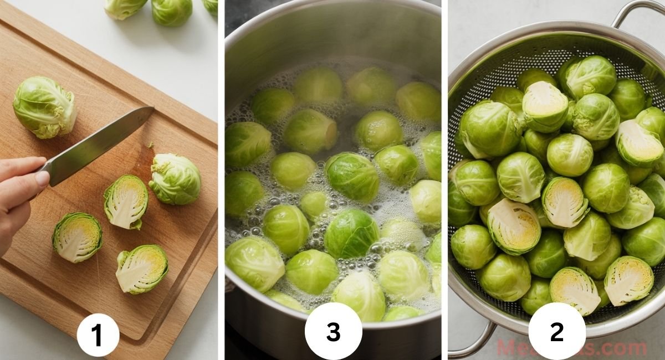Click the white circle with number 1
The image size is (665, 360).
[x=98, y=335]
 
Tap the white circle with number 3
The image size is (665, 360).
[x=333, y=331]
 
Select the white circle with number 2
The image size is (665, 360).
[x=556, y=331]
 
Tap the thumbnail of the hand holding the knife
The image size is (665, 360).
[x=42, y=178]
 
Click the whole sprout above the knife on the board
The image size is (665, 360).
[x=44, y=107]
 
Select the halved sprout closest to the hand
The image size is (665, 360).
[x=77, y=237]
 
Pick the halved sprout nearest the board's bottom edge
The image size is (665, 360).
[x=141, y=269]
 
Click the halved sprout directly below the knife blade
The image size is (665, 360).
[x=126, y=202]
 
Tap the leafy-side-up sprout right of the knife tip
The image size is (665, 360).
[x=175, y=178]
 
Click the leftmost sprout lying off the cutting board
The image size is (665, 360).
[x=125, y=8]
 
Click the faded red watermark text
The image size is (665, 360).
[x=571, y=348]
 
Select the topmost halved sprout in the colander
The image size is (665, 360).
[x=545, y=106]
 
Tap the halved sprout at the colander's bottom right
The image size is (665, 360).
[x=628, y=280]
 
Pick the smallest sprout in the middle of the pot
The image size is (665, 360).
[x=314, y=204]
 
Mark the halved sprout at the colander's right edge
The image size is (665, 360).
[x=639, y=143]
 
